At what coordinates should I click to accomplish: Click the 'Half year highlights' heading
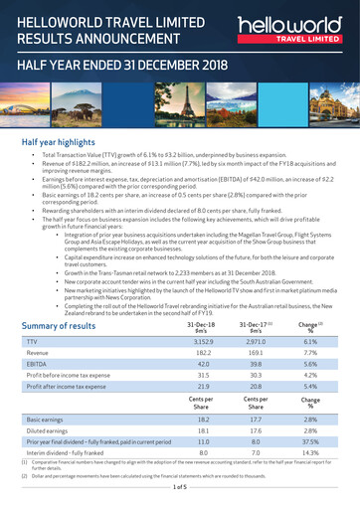click(66, 142)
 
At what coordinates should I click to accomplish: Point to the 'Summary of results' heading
click(59, 326)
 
